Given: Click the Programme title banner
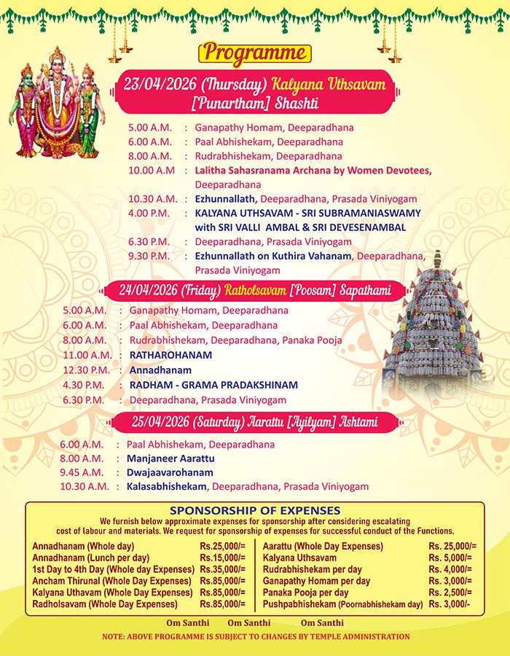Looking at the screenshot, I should [x=254, y=53].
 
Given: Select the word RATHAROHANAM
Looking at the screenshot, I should [x=170, y=355].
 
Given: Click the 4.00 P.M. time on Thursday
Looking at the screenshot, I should [x=149, y=213].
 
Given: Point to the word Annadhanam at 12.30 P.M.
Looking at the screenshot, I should [x=160, y=370].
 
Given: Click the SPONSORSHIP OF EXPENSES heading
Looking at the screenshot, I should [x=254, y=510].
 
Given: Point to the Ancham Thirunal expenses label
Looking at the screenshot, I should [x=111, y=581].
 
